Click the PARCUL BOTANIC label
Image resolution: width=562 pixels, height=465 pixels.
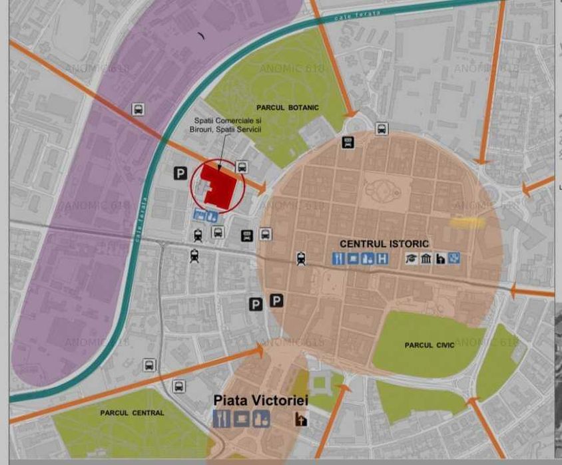click(288, 108)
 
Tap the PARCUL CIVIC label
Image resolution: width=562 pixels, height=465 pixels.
click(429, 345)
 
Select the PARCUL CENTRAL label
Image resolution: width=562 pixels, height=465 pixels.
click(132, 413)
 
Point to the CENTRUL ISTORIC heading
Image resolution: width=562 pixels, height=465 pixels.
click(384, 244)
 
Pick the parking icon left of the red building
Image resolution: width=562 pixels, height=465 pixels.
click(180, 174)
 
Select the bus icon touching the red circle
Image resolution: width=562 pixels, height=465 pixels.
click(242, 168)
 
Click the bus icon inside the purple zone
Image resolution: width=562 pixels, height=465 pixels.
click(139, 110)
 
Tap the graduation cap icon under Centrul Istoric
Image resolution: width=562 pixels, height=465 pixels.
click(412, 259)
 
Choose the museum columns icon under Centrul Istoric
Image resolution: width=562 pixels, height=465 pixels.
click(426, 259)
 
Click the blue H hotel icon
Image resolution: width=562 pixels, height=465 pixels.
click(382, 259)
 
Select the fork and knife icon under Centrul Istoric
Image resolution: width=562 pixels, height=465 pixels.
click(338, 259)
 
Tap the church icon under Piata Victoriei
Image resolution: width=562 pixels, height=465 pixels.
click(301, 419)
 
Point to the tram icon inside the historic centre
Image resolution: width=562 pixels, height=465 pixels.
click(302, 258)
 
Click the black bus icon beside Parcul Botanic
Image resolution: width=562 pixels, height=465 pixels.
click(348, 142)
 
